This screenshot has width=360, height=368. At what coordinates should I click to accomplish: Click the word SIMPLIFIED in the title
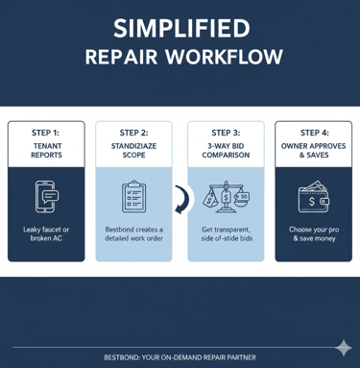click(x=180, y=28)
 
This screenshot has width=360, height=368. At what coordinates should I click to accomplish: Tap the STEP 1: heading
click(x=45, y=133)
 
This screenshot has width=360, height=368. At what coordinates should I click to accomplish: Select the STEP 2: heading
click(x=134, y=133)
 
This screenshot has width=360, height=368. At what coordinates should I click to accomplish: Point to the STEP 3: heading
click(x=226, y=133)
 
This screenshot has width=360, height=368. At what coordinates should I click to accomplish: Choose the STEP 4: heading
click(x=314, y=133)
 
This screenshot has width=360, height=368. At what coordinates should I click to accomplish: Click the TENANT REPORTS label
click(x=45, y=152)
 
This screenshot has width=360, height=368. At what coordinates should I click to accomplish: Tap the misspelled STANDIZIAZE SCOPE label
click(x=134, y=152)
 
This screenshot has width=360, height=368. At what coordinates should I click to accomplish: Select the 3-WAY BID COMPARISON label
click(x=226, y=152)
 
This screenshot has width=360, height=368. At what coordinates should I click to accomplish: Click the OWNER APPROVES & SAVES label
click(x=314, y=152)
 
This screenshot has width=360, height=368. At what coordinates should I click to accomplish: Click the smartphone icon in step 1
click(x=46, y=196)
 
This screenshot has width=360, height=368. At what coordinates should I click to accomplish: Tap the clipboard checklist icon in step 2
click(x=134, y=196)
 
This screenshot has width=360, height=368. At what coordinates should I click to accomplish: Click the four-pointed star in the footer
click(x=343, y=348)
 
